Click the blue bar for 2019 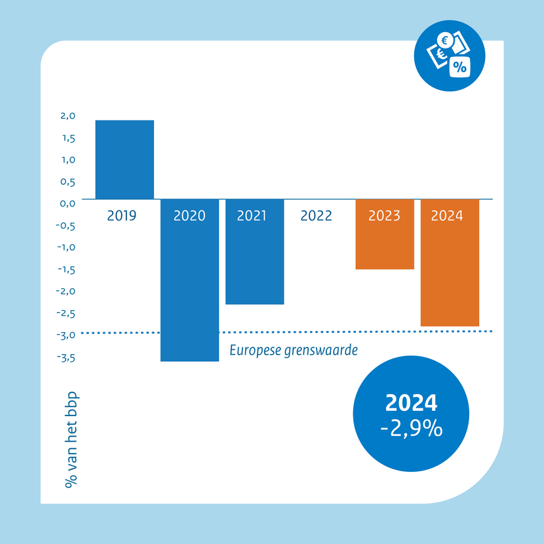[125, 159]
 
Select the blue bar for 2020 [189, 288]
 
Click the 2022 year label [316, 216]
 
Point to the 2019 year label [122, 216]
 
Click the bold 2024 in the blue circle [411, 403]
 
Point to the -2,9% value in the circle [411, 429]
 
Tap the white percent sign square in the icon [459, 66]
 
